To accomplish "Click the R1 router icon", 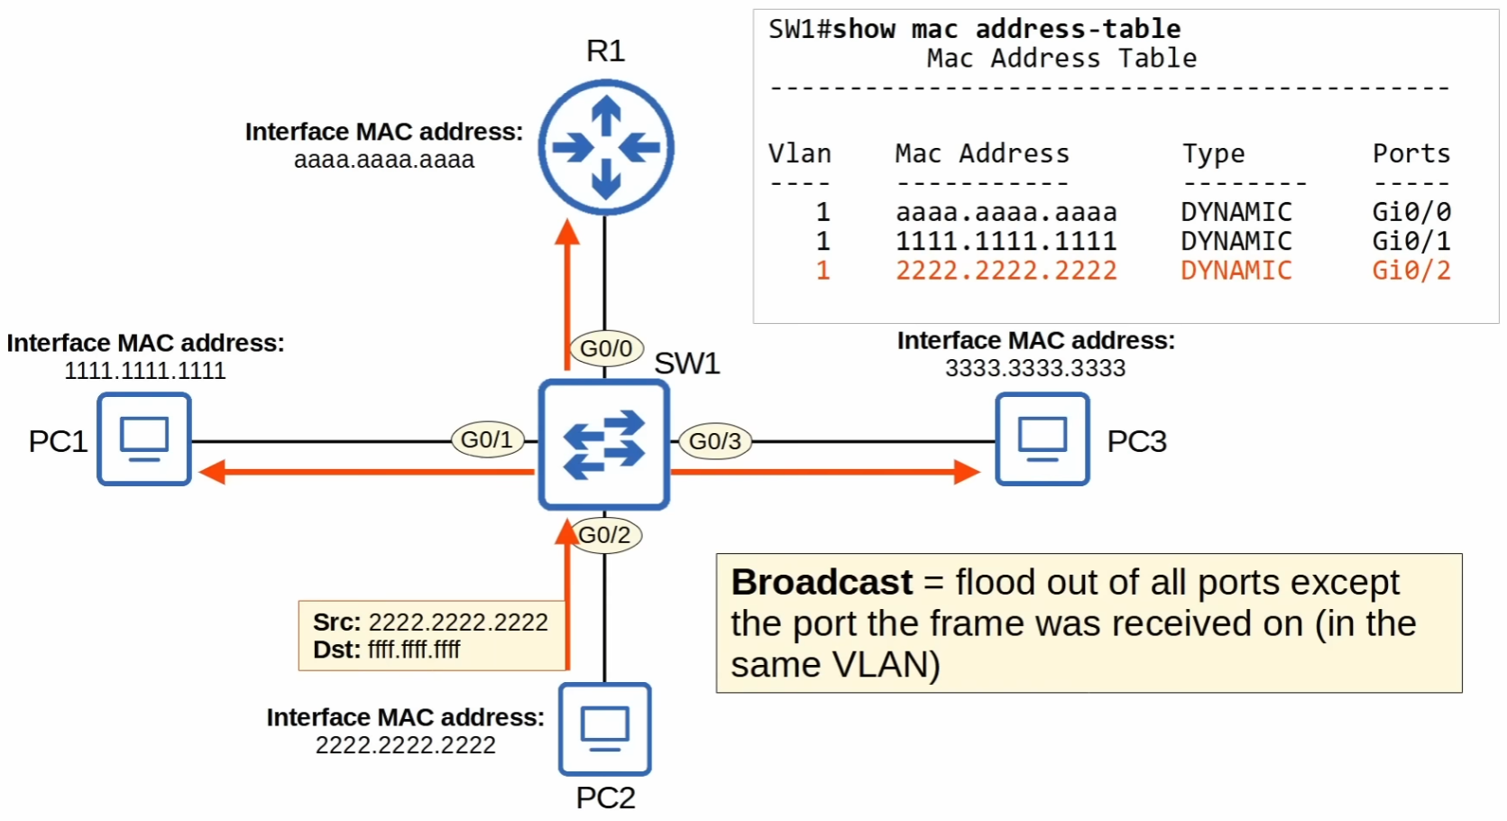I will [605, 147].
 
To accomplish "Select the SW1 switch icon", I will [603, 444].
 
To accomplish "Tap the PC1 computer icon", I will [144, 439].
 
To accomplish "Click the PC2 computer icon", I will [604, 729].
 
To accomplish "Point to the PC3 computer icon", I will [1042, 439].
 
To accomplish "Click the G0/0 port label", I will [606, 348].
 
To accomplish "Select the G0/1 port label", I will [487, 439].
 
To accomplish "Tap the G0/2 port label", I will [605, 535].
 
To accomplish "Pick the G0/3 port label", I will [714, 441].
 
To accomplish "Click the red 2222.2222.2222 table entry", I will [1006, 271].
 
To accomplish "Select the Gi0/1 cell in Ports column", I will [1411, 241].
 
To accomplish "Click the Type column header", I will [1213, 154].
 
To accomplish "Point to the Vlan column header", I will [799, 153].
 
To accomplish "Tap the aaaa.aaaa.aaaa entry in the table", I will [1006, 212].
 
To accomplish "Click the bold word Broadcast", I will [822, 583].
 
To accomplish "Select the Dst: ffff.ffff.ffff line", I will [387, 650].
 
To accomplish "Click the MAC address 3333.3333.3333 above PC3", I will [1034, 368].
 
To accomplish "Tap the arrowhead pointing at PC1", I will [211, 471].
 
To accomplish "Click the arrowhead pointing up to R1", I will [566, 232].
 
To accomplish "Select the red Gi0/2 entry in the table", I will [1411, 271].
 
